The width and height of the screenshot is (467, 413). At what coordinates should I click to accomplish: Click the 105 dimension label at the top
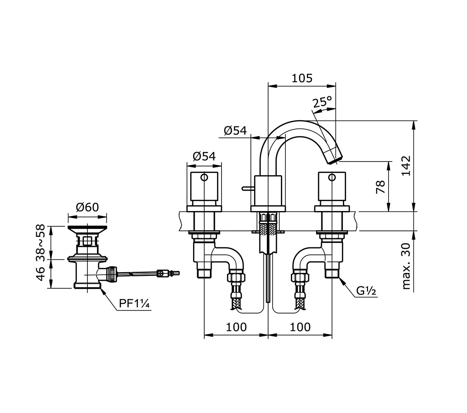pyautogui.click(x=302, y=78)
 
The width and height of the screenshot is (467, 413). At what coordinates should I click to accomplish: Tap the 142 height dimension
pyautogui.click(x=406, y=166)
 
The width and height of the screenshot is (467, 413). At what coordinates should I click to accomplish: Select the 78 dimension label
pyautogui.click(x=381, y=187)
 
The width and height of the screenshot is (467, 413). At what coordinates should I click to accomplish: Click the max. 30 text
pyautogui.click(x=406, y=266)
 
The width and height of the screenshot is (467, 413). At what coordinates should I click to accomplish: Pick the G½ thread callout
pyautogui.click(x=366, y=290)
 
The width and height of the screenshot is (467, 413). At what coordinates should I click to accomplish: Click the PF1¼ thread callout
pyautogui.click(x=134, y=304)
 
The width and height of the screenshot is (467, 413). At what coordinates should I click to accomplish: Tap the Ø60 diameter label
pyautogui.click(x=87, y=207)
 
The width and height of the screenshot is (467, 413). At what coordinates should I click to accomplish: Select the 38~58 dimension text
pyautogui.click(x=40, y=243)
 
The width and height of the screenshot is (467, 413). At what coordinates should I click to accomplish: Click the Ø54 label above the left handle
pyautogui.click(x=204, y=156)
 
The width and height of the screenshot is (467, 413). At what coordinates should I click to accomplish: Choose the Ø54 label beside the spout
pyautogui.click(x=235, y=131)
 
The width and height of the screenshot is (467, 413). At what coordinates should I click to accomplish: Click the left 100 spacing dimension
pyautogui.click(x=236, y=327)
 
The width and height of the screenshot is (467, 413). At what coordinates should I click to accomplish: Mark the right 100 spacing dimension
pyautogui.click(x=300, y=327)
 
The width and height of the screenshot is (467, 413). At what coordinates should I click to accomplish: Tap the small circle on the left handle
pyautogui.click(x=204, y=178)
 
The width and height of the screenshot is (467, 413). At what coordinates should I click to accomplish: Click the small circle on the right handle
pyautogui.click(x=332, y=178)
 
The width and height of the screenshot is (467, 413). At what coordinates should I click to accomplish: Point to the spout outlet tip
pyautogui.click(x=335, y=159)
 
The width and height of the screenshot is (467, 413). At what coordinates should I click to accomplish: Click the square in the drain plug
pyautogui.click(x=87, y=240)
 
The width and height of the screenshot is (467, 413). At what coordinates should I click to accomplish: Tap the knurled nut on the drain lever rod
pyautogui.click(x=112, y=274)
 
